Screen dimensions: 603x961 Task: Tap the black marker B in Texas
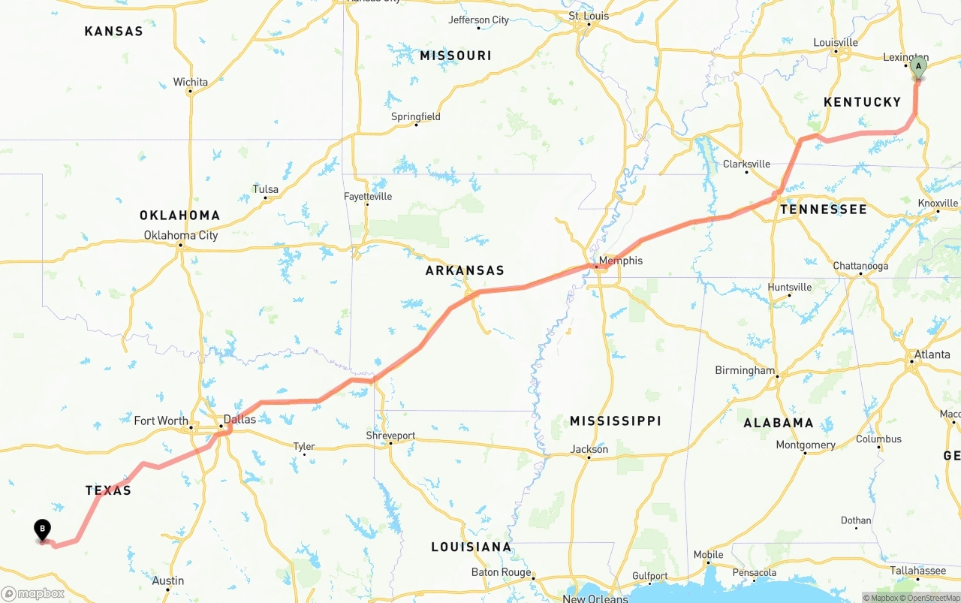[x=43, y=529]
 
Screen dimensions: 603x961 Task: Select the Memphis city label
[x=620, y=261]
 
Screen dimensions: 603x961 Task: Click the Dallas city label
[x=239, y=419]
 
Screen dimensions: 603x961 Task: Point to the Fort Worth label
[x=161, y=421]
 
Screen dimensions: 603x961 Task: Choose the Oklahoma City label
[x=181, y=235]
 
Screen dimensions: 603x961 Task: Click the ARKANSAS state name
[x=465, y=270]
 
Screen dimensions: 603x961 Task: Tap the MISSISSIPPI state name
[x=615, y=421]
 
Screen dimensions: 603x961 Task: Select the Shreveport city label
[x=390, y=436]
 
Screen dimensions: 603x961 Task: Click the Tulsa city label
[x=265, y=189]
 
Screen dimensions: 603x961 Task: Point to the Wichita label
[x=190, y=82]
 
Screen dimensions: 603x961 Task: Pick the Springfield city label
[x=415, y=116]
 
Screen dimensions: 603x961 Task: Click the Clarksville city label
[x=746, y=164]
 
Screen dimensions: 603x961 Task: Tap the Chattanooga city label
[x=860, y=266]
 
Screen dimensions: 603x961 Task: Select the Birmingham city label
[x=745, y=370]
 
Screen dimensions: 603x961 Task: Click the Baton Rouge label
[x=501, y=572]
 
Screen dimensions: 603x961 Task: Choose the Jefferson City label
[x=478, y=20]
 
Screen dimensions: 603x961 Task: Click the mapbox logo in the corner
[x=33, y=593]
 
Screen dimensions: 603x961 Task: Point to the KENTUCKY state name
[x=862, y=102]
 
